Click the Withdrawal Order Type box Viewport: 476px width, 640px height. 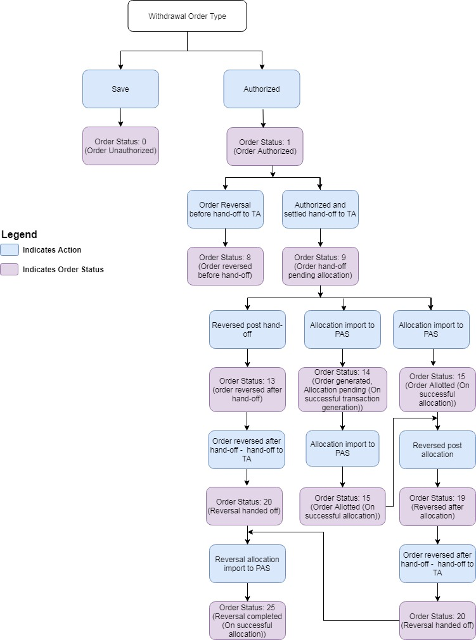187,16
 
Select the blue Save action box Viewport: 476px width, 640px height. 120,89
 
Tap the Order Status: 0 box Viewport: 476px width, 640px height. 120,146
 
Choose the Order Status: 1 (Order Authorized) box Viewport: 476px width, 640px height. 266,146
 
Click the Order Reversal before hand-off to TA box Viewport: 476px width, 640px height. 225,209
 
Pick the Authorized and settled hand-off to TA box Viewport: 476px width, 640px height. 320,209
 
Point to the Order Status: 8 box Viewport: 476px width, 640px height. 225,266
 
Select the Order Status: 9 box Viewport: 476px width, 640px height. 320,266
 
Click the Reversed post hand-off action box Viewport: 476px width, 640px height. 247,329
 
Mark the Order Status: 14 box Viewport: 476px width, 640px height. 342,389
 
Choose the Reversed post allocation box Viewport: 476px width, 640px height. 437,449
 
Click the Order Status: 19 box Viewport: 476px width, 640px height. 437,506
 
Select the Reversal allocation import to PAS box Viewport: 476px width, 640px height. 247,563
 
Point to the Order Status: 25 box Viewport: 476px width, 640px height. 247,620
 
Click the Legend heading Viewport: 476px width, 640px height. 19,235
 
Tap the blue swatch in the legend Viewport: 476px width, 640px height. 9,250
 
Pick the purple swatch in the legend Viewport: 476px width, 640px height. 9,270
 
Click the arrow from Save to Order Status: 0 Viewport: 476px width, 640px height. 120,117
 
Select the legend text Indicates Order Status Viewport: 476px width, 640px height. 63,270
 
